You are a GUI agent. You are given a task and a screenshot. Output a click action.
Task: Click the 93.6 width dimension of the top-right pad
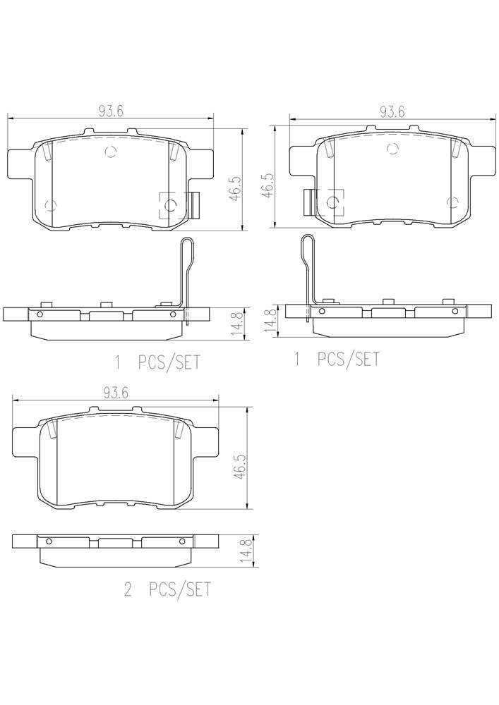[392, 111]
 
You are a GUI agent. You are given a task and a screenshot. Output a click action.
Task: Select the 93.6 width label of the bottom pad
[116, 393]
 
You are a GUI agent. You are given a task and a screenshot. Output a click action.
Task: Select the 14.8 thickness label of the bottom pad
[245, 551]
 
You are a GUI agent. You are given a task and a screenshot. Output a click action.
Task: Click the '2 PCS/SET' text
[167, 589]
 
